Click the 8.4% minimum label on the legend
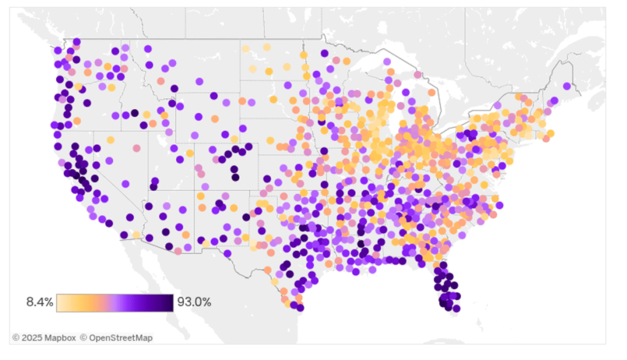[39, 302]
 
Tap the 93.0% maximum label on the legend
[194, 302]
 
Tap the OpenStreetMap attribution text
[119, 338]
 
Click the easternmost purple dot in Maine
[566, 86]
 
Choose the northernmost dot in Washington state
[77, 42]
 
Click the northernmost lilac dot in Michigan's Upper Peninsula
[387, 62]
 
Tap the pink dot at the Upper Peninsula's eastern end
[418, 75]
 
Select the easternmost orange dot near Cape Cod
[550, 133]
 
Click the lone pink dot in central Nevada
[136, 148]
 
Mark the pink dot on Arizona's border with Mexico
[179, 251]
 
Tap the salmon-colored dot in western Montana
[161, 81]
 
